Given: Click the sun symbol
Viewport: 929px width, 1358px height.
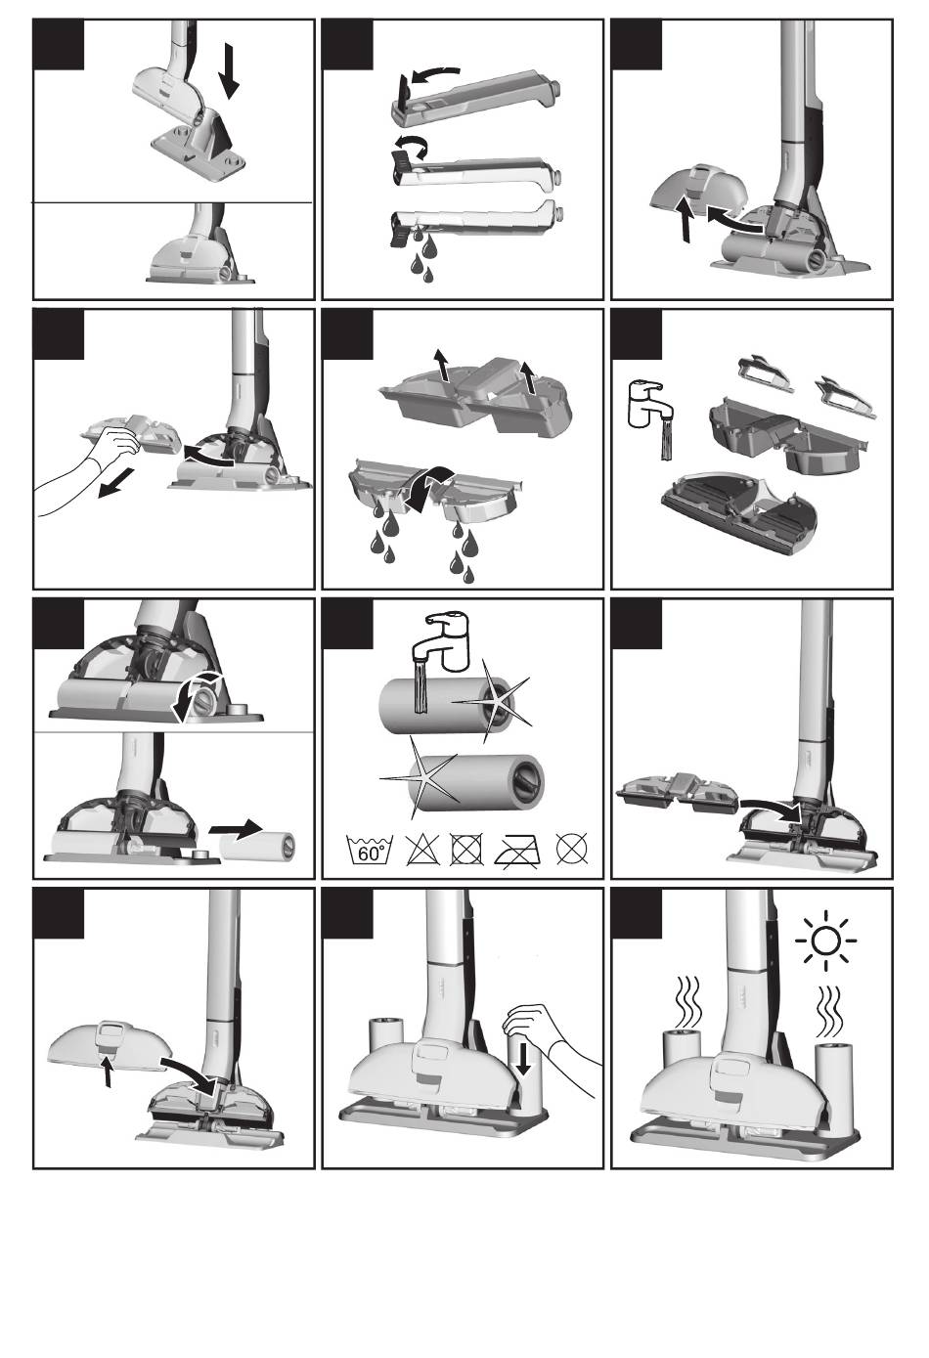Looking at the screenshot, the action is (825, 942).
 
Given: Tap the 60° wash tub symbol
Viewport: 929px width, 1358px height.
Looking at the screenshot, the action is (370, 850).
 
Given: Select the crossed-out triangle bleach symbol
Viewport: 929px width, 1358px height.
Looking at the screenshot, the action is (423, 849).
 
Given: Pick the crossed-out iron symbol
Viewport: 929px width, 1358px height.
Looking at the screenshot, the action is (518, 850).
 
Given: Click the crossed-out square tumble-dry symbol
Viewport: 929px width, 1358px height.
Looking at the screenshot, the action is (466, 850).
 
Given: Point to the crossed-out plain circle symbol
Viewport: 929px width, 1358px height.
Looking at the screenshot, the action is (572, 849).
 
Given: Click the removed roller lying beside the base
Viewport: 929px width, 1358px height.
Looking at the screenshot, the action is (258, 846).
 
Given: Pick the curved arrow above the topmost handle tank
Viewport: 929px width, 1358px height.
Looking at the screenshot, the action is (434, 74).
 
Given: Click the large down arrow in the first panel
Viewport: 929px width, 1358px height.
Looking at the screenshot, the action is (229, 70).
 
